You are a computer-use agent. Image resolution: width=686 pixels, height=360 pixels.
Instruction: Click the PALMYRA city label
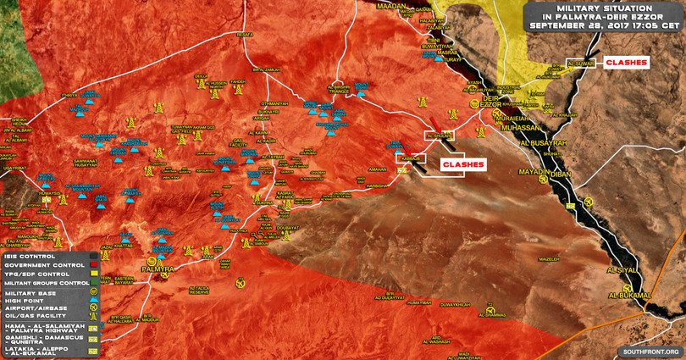(x=157, y=269)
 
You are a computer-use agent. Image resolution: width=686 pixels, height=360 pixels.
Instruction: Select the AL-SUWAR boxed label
(x=582, y=63)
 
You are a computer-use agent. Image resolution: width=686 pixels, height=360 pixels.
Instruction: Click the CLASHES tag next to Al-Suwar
(x=628, y=62)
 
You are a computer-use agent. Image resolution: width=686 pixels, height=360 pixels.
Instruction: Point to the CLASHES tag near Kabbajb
(x=462, y=164)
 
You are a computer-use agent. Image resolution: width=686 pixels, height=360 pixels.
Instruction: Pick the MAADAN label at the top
(x=391, y=6)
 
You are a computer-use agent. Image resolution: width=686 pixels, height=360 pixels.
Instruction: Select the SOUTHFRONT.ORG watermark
(x=651, y=352)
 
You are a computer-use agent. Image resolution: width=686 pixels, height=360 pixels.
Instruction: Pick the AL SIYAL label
(x=621, y=269)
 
